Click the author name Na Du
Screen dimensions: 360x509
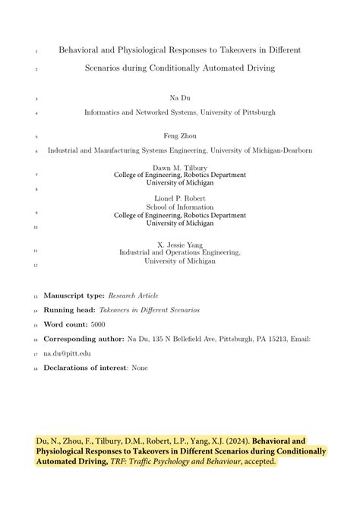179,99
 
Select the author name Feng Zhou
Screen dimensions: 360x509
179,137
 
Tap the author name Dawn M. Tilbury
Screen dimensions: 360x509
179,166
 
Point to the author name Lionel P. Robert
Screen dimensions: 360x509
179,198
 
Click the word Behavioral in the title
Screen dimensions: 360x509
83,50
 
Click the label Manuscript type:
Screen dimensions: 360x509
74,295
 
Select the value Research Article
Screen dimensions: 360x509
133,295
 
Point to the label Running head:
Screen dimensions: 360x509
69,310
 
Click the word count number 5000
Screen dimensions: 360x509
98,324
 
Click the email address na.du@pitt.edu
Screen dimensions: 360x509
68,353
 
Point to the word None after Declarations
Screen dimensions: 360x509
140,368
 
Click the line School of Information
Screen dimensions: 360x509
179,207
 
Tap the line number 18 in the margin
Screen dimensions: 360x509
35,368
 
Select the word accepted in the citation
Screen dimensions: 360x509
259,461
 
